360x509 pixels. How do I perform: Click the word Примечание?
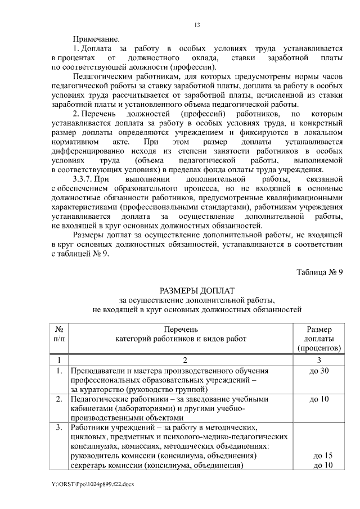pos(96,39)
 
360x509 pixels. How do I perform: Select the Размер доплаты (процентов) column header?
pos(318,339)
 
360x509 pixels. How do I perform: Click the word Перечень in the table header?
pos(181,329)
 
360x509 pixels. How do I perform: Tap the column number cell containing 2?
pos(181,359)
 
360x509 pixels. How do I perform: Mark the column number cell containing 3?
pos(318,359)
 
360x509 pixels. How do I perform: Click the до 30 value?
pos(319,371)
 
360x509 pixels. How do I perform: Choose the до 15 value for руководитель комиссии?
pos(323,455)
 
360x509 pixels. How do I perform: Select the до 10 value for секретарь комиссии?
pos(323,465)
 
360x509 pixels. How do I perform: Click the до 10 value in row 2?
pos(319,399)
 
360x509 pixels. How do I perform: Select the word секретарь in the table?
pos(87,465)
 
